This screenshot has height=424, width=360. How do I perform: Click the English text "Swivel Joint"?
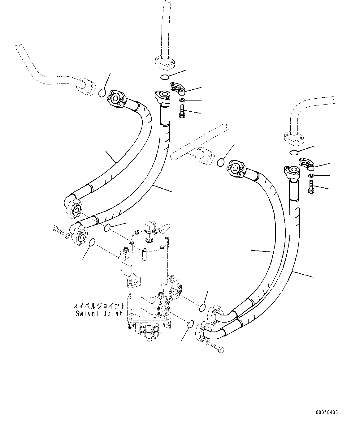pos(99,314)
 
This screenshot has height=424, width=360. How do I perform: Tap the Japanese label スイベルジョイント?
pos(99,306)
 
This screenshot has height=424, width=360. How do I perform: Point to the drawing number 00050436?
pos(327,412)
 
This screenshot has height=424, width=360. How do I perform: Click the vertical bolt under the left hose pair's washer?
pos(182,111)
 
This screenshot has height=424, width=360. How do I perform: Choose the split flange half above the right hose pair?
pos(306,164)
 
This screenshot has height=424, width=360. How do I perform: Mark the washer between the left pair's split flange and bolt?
pos(183,100)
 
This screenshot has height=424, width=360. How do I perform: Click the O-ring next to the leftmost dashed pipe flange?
pos(102,92)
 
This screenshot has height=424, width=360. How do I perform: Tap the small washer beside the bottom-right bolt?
pos(208,342)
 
